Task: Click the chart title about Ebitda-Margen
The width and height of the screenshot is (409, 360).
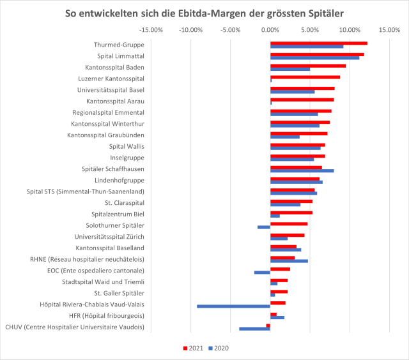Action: (x=204, y=13)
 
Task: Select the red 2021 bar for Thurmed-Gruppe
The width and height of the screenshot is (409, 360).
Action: (x=318, y=43)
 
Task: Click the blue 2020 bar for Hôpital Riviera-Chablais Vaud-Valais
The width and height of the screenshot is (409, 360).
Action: (x=233, y=306)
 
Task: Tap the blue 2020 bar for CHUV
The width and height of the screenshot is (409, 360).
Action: (x=254, y=329)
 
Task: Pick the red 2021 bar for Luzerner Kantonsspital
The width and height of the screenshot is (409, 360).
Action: (x=305, y=77)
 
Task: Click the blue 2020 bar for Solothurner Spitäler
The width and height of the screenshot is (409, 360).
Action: (x=264, y=227)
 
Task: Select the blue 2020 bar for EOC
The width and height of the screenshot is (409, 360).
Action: (x=262, y=272)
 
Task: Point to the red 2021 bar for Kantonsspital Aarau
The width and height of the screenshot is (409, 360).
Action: (x=302, y=100)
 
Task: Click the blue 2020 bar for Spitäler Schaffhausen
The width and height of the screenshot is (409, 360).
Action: (x=302, y=170)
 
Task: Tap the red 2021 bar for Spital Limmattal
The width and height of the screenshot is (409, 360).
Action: (x=317, y=54)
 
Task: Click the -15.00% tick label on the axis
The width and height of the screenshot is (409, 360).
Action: (x=151, y=29)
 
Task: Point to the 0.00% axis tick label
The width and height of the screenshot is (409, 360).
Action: (x=270, y=29)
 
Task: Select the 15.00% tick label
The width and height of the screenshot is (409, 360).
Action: (x=389, y=29)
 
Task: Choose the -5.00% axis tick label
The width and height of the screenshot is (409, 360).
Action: (x=231, y=29)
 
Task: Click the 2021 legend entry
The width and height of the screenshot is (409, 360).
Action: (x=194, y=348)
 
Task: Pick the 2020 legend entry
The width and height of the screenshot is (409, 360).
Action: (x=218, y=348)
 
